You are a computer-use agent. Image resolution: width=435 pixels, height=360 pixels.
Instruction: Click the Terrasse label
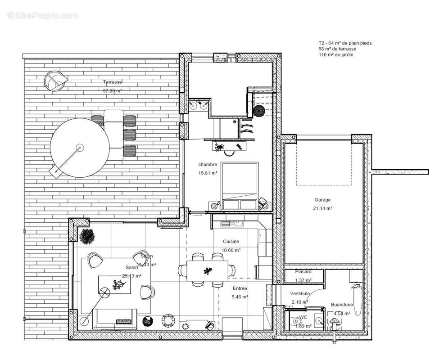[x=113, y=82]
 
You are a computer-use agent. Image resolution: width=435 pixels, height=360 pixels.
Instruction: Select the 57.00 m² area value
[x=113, y=90]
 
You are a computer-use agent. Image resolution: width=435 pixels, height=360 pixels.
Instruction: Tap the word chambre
[x=208, y=165]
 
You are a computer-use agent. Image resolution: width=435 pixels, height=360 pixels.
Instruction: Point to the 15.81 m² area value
[x=208, y=173]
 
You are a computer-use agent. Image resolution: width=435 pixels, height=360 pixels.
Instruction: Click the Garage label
[x=322, y=200]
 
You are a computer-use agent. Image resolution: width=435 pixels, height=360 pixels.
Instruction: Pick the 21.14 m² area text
[x=322, y=208]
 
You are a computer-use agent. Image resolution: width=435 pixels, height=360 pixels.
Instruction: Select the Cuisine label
[x=231, y=242]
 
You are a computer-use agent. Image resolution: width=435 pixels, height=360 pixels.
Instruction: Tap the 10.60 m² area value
[x=231, y=250]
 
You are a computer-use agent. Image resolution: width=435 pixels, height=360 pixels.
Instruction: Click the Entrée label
[x=240, y=288]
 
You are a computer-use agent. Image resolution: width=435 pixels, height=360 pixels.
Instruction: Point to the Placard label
[x=304, y=272]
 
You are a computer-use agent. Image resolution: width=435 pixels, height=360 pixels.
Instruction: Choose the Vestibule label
[x=299, y=293]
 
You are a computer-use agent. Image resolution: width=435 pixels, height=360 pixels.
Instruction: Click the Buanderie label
[x=342, y=304]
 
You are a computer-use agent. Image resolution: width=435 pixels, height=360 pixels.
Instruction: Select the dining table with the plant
[x=207, y=270]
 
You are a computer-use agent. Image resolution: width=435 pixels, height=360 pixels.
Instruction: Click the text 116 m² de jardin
[x=336, y=54]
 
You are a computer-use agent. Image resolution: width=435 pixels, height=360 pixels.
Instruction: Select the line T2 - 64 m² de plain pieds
[x=345, y=43]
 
